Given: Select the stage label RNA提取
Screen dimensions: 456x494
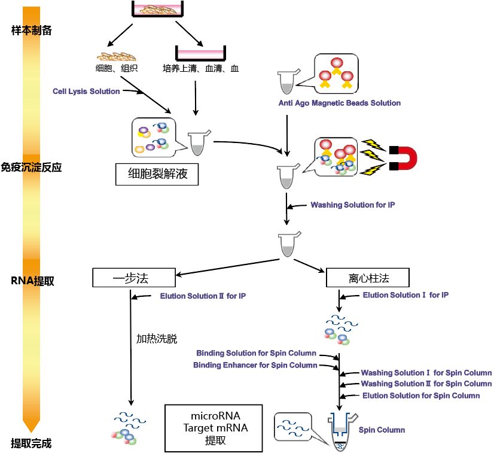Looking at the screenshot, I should [32, 281].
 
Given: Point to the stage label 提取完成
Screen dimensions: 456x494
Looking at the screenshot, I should [32, 443].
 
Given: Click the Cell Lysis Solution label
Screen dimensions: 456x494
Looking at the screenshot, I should [86, 91].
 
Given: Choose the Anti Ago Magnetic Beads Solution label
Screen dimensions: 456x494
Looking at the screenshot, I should [339, 103].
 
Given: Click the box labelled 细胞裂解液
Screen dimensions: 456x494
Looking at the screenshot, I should [157, 174].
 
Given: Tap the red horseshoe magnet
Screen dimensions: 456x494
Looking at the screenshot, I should [403, 158].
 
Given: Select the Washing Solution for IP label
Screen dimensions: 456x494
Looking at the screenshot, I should [352, 205].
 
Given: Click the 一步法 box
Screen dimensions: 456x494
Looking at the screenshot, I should [134, 278].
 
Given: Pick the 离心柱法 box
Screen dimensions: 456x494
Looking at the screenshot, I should [367, 278].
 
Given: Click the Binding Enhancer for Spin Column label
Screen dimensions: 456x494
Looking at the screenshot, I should [255, 365].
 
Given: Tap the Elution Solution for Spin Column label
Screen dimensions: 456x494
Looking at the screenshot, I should [421, 396].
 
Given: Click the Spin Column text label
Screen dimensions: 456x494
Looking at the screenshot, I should [382, 430].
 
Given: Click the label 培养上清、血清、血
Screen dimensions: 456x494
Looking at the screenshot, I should [200, 68].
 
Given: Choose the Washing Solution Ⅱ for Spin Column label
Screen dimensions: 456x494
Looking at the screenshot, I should [426, 384].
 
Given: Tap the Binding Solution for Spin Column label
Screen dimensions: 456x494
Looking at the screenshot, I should [256, 353].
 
